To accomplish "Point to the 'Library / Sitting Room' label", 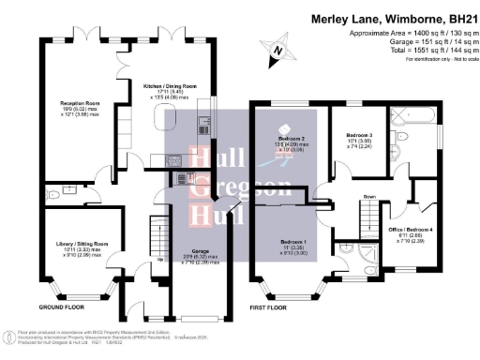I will tap(76, 244).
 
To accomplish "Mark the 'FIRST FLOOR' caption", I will tap(270, 307).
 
